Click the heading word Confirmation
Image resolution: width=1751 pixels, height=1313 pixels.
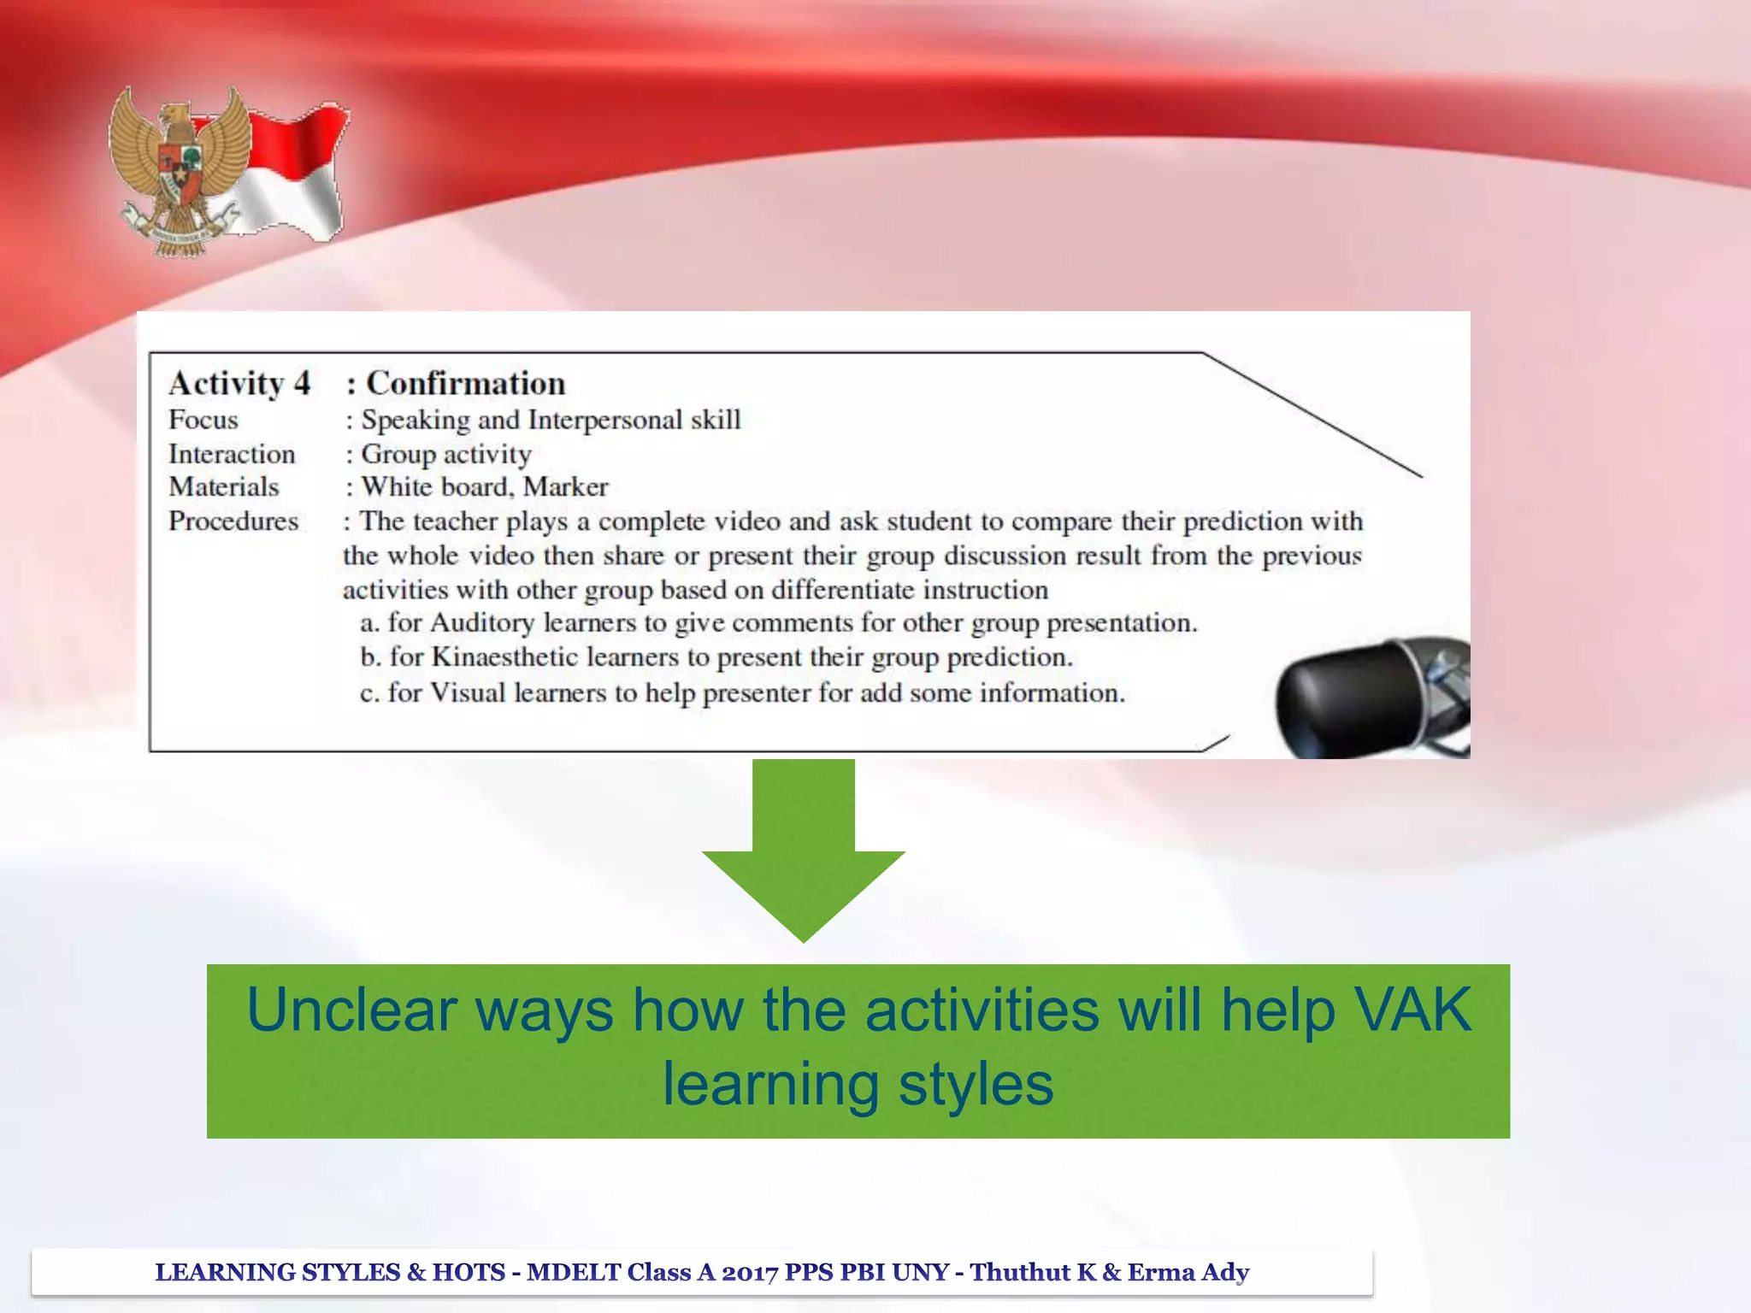click(x=465, y=383)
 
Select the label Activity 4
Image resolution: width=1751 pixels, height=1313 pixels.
click(x=239, y=383)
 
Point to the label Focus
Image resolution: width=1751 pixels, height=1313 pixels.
click(x=203, y=420)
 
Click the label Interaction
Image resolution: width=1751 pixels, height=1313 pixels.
click(x=232, y=454)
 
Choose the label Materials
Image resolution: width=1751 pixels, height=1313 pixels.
click(x=224, y=487)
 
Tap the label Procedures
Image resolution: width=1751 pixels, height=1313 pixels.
click(x=233, y=521)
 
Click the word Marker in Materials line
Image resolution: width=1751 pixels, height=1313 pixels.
click(x=565, y=487)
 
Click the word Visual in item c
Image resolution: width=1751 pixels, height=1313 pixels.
click(x=468, y=692)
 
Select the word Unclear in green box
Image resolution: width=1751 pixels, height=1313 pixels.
click(x=352, y=1010)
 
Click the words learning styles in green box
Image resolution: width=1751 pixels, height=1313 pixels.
click(x=858, y=1084)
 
